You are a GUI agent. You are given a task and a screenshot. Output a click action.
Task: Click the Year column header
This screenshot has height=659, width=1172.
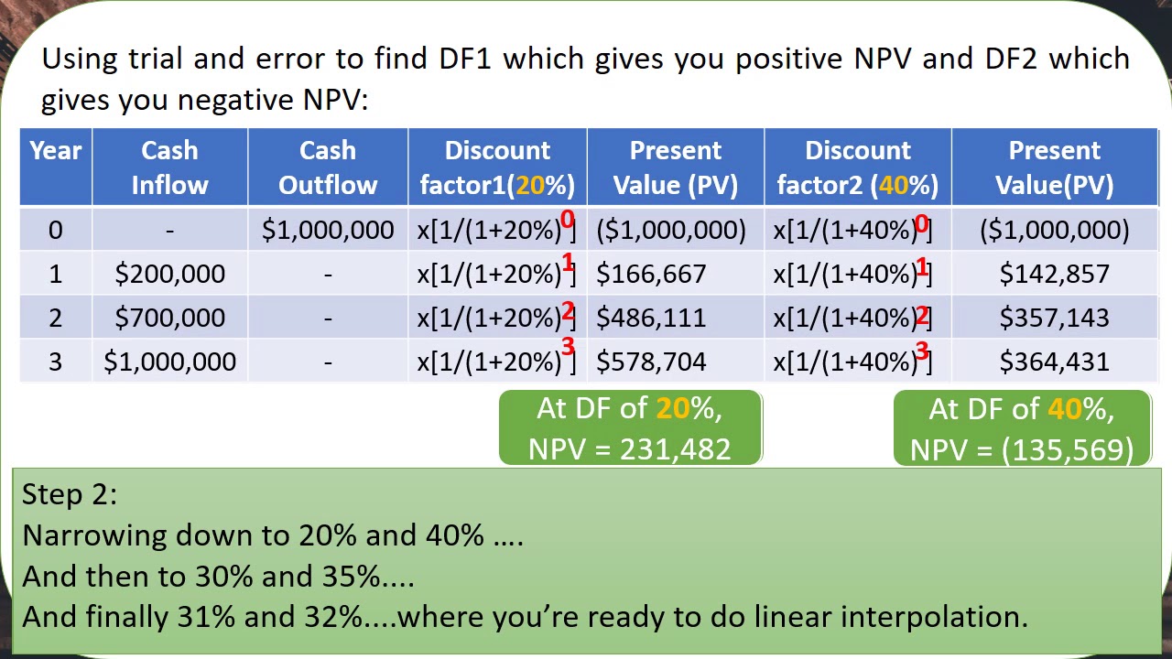[55, 151]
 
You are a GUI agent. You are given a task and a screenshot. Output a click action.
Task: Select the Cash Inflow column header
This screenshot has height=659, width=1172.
[169, 167]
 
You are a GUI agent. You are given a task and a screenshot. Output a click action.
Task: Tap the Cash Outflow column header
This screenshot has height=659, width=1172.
[328, 167]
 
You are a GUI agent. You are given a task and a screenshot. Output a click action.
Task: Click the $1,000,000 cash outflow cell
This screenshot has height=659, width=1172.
[328, 231]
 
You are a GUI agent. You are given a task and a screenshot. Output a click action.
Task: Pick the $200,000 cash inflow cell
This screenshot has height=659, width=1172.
[169, 274]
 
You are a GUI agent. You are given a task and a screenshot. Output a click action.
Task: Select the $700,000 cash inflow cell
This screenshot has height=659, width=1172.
[169, 318]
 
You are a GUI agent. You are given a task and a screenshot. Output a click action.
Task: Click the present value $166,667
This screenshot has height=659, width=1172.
[651, 274]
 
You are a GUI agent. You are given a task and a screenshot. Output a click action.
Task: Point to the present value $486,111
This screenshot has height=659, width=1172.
[651, 318]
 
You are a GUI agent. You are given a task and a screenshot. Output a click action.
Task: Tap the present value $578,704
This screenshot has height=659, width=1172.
[651, 362]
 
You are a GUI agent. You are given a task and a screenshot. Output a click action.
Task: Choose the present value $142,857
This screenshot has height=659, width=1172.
[1054, 274]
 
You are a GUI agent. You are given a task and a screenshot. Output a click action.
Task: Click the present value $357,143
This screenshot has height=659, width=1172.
[1054, 318]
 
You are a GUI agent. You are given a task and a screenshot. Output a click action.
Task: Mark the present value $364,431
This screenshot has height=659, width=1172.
[1054, 362]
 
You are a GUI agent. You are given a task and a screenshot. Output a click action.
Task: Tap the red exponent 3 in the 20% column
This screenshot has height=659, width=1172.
[568, 347]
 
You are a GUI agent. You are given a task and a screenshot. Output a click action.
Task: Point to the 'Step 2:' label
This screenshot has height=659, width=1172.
[70, 494]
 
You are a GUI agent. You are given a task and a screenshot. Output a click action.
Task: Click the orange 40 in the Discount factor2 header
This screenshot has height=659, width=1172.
[893, 186]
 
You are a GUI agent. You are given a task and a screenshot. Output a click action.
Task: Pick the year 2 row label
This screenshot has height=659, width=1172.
[55, 318]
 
